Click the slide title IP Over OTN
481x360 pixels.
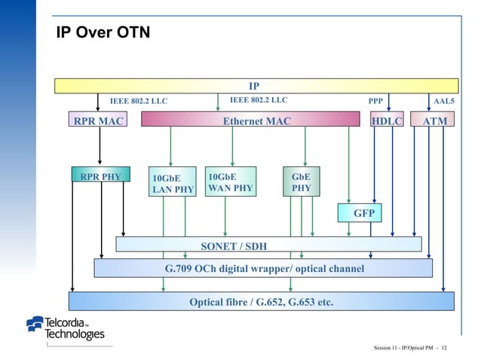coord(104,32)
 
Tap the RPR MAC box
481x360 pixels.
coord(96,120)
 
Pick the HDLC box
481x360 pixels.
coord(388,120)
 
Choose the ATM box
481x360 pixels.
coord(434,120)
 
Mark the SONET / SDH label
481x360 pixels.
coord(233,246)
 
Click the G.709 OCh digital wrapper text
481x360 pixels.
coord(264,268)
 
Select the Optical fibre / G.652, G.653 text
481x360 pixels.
coord(261,303)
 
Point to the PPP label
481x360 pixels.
coord(375,99)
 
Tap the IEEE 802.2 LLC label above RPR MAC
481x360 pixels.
coord(139,99)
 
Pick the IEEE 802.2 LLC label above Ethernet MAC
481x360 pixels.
coord(258,99)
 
